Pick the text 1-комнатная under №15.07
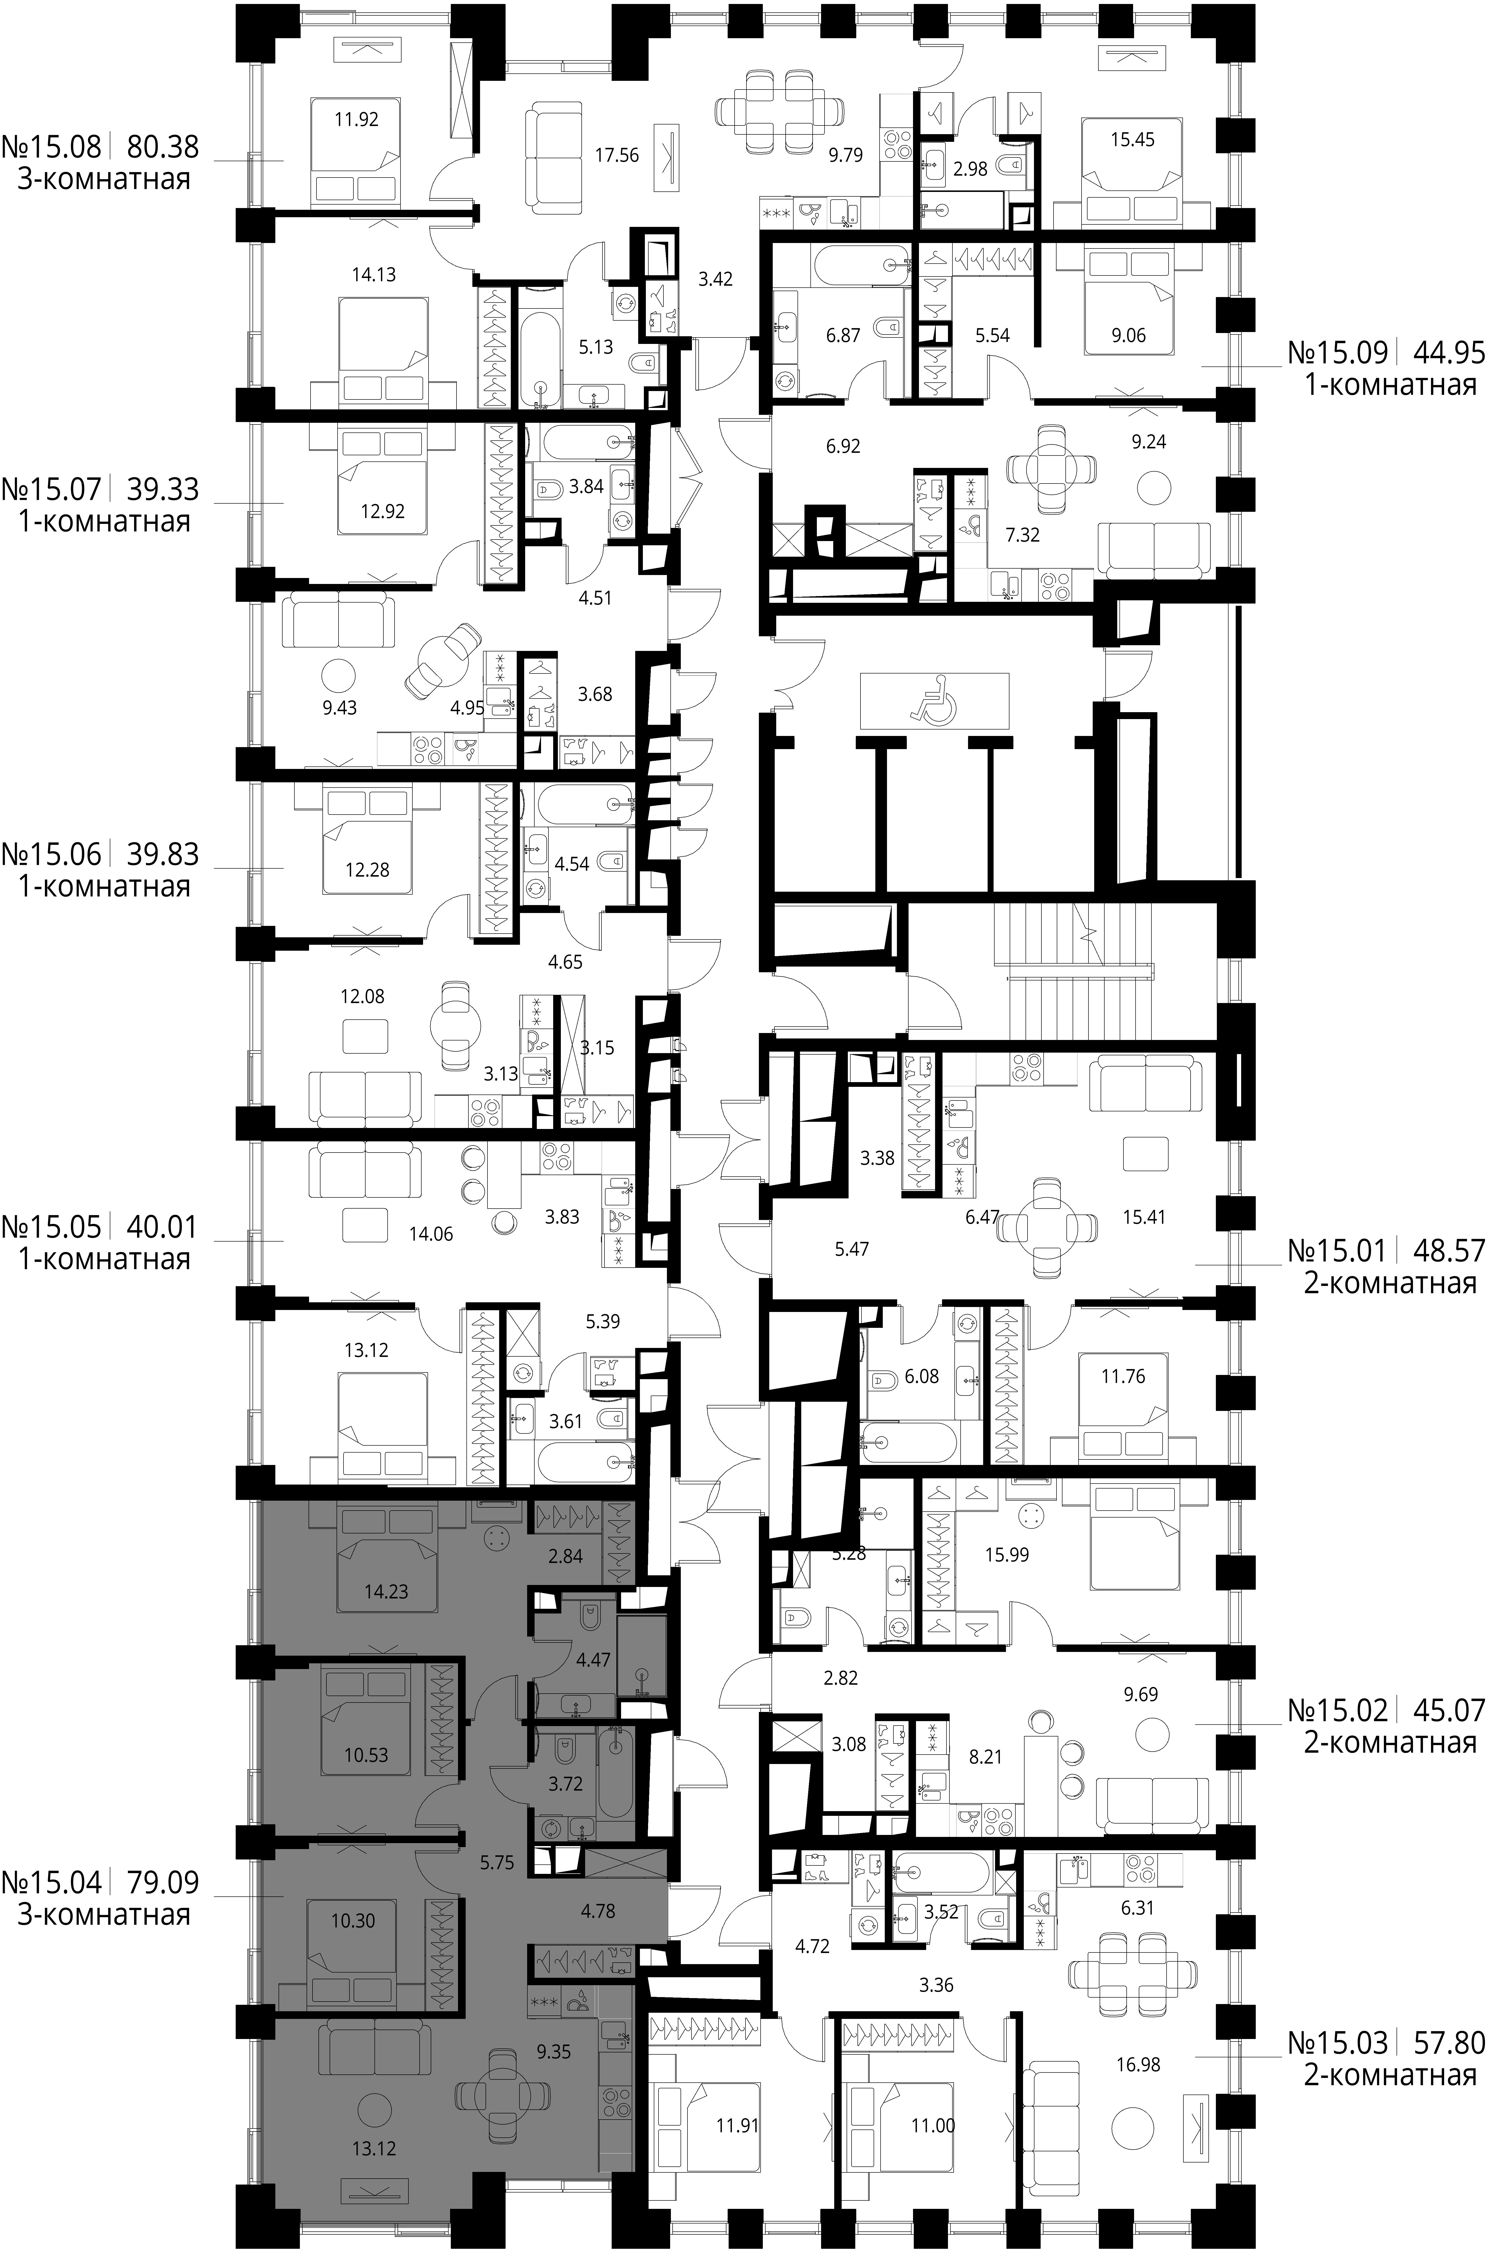point(104,522)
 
